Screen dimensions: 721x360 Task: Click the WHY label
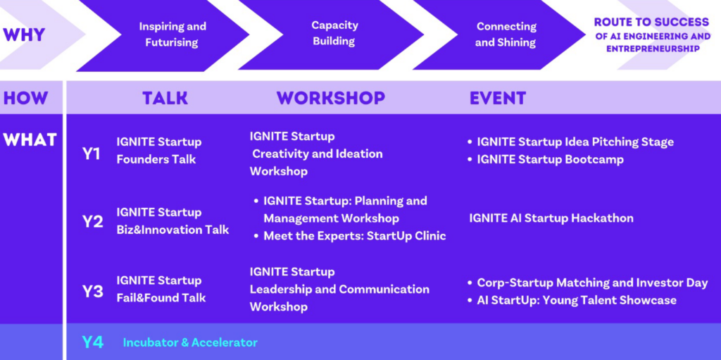[24, 35]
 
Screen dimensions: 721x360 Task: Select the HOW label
[25, 98]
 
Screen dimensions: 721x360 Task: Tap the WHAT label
[30, 139]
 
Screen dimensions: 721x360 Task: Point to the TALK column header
[165, 98]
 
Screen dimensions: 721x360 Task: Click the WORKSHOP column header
[331, 98]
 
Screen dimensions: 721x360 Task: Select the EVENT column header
[498, 98]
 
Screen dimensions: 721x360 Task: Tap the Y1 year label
[92, 154]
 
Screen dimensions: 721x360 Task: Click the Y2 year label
[92, 222]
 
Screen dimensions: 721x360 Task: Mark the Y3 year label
[92, 292]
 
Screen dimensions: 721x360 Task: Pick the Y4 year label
[92, 342]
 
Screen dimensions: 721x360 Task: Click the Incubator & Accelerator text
[190, 342]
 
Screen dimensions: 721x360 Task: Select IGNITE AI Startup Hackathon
[551, 218]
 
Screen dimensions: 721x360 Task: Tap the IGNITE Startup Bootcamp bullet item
[546, 160]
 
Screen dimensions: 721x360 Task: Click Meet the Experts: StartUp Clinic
[350, 236]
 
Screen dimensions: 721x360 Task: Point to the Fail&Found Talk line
[161, 298]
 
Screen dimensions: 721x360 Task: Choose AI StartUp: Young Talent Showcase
[572, 300]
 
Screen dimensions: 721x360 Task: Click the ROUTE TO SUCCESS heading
[651, 22]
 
